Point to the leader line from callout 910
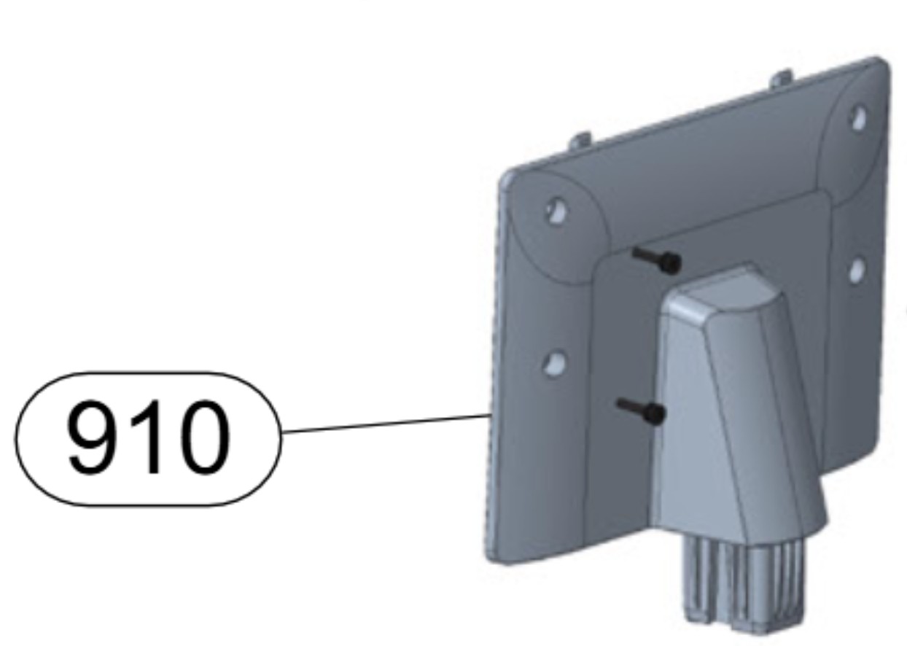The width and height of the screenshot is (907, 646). coord(386,424)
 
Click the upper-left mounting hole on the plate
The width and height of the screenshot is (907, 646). coord(556,211)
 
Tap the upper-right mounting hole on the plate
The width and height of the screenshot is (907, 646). coord(860,117)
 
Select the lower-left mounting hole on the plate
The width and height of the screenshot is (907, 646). coord(555,362)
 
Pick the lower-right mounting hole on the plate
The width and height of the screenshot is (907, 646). coord(857,271)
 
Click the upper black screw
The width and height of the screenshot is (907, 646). coord(660,260)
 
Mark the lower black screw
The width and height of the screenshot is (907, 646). coord(643,410)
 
